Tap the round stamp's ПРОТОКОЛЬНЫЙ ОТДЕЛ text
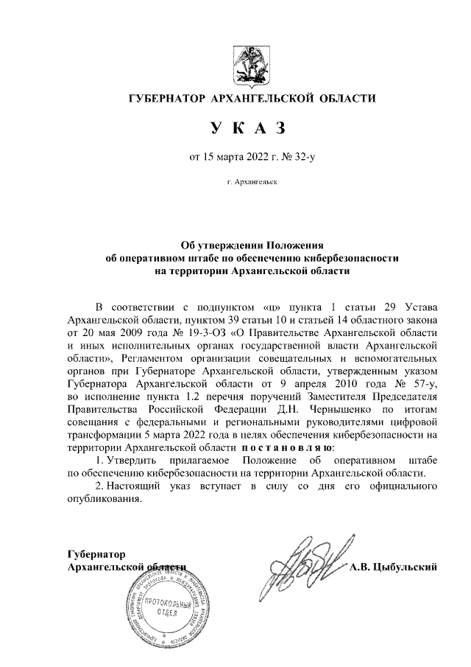click(166, 609)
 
